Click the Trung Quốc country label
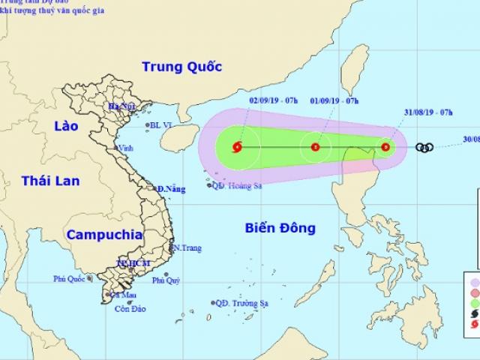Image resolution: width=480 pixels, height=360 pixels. click(x=182, y=67)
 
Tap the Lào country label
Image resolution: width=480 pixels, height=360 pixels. click(x=66, y=127)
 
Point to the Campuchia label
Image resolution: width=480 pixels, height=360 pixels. click(x=104, y=235)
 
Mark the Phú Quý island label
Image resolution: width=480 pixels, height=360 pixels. click(x=166, y=281)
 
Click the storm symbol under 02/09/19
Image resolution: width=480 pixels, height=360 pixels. click(x=238, y=147)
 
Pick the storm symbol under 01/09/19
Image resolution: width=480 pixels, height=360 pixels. click(x=315, y=147)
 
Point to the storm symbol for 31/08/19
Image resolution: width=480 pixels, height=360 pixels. click(x=385, y=147)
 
